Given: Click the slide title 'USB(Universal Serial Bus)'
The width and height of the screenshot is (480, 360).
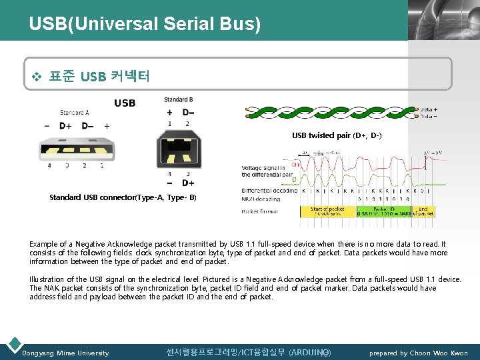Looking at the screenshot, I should (x=145, y=25).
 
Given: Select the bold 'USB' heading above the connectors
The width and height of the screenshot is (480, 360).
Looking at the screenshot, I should (x=125, y=103).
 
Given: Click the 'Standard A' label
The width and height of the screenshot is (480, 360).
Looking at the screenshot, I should (x=75, y=113).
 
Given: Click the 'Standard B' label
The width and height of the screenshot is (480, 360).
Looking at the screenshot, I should (x=178, y=100).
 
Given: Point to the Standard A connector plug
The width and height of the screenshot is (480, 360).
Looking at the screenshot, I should (x=74, y=148).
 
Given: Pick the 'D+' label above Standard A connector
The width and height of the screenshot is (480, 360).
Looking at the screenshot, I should (x=65, y=125).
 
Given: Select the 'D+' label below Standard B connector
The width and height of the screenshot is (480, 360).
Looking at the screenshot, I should (x=188, y=183).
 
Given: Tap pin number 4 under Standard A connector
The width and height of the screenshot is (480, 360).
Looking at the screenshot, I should (x=49, y=165).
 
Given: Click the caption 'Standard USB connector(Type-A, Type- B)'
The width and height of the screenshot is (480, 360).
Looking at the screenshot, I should (x=123, y=197).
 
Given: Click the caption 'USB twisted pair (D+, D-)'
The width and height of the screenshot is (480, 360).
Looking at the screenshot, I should (x=337, y=135).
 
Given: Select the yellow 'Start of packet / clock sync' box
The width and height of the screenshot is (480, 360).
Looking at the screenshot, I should (x=327, y=211).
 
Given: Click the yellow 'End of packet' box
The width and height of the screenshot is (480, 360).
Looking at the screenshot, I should (x=423, y=211).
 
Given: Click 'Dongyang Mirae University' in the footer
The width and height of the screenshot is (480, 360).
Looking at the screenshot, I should (x=65, y=353).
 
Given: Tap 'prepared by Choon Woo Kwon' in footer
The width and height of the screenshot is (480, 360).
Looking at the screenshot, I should (x=419, y=353).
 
